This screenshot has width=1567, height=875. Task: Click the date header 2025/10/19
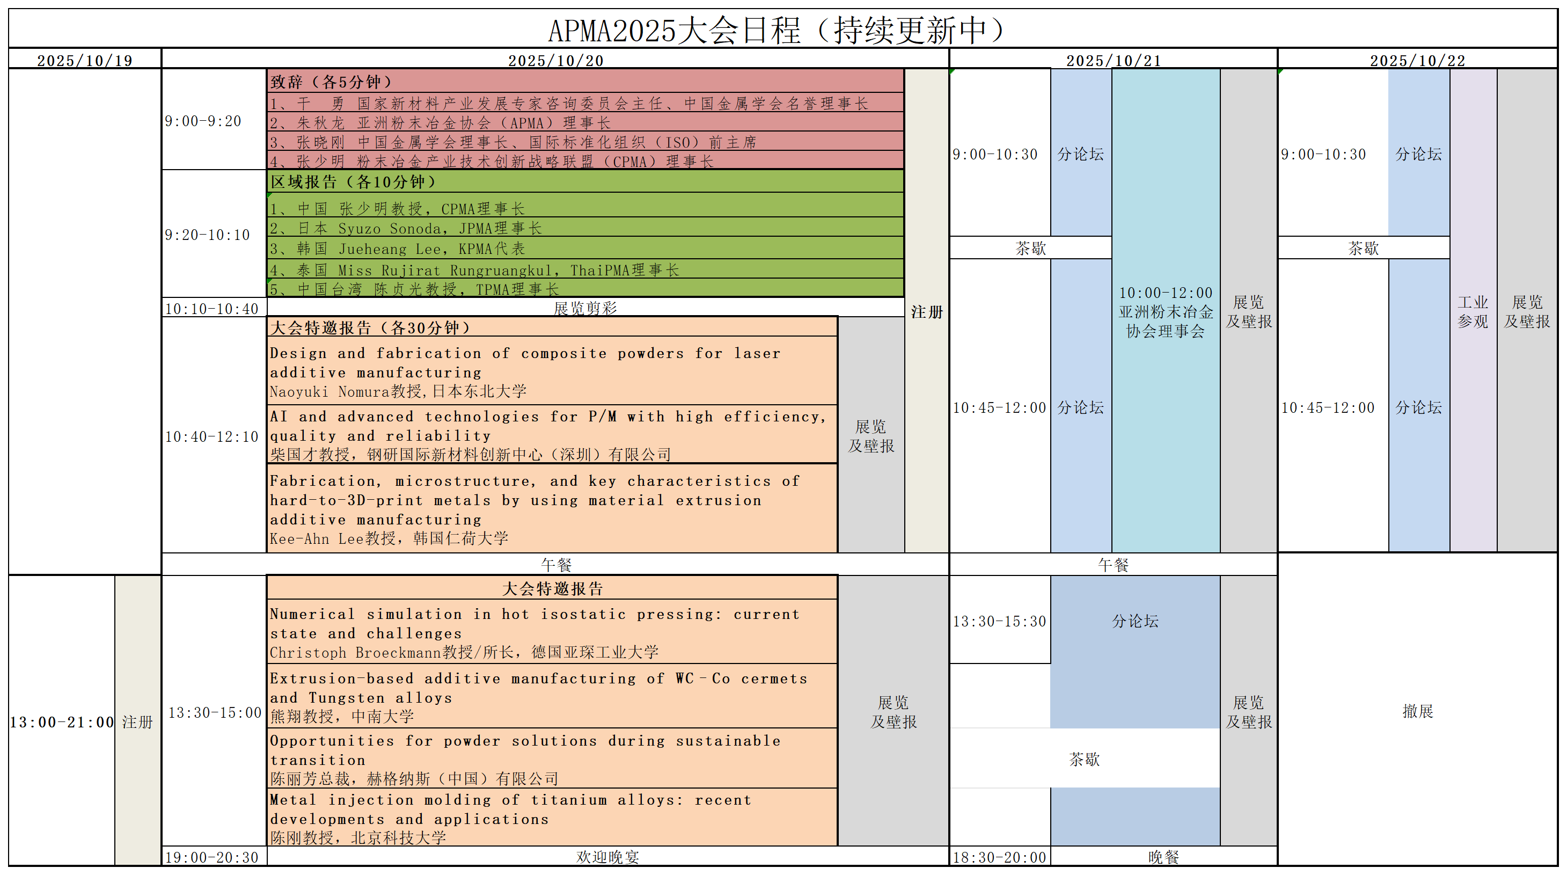[85, 61]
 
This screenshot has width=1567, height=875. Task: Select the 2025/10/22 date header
[1417, 61]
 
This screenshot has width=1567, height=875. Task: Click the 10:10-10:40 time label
[211, 309]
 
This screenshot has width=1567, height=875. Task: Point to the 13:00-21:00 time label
[61, 722]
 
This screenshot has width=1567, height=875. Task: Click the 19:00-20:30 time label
[211, 857]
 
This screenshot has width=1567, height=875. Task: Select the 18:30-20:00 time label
[999, 857]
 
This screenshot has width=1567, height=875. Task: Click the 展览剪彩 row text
[585, 309]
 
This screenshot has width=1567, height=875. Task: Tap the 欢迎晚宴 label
[607, 857]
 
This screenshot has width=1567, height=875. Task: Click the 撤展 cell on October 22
[1417, 711]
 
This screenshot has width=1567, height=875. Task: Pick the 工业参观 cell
[1473, 311]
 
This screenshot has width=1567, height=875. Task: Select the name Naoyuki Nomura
[328, 392]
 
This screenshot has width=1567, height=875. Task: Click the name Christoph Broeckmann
[355, 653]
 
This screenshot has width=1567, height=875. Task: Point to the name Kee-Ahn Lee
[316, 539]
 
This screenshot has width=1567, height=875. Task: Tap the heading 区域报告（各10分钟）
[354, 182]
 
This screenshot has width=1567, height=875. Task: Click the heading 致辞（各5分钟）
[331, 82]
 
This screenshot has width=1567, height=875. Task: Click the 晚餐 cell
[1163, 857]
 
